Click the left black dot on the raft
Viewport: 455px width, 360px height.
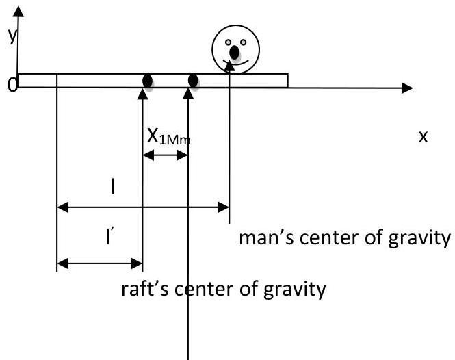(x=147, y=81)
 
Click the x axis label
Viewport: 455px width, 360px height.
(x=423, y=136)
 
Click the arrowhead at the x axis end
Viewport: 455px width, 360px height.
(x=408, y=88)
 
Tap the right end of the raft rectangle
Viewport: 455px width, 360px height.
(x=287, y=81)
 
